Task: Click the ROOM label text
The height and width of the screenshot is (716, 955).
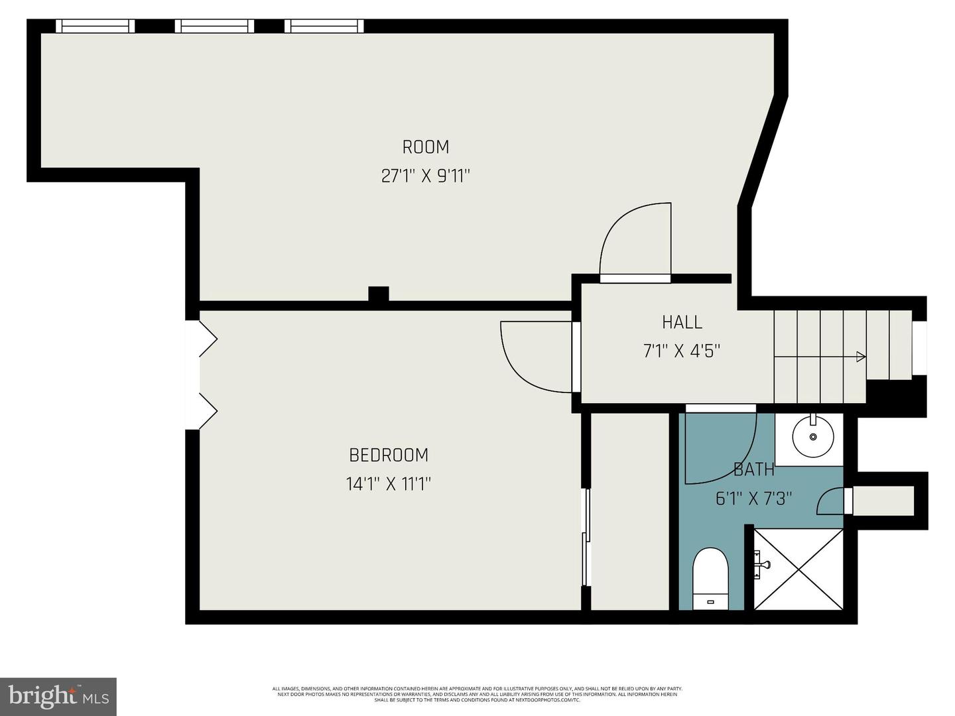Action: [425, 147]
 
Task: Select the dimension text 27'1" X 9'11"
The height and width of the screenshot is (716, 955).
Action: [425, 176]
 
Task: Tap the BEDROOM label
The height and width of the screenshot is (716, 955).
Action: [389, 455]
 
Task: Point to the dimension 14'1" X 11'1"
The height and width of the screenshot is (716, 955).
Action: [389, 485]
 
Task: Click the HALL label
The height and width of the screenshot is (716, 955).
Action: [682, 322]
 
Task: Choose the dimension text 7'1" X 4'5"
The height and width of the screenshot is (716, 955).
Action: [682, 351]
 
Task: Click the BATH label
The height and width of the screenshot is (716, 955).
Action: [754, 469]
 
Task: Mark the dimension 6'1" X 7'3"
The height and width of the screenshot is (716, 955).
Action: [754, 499]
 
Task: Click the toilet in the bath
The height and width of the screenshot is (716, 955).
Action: [710, 577]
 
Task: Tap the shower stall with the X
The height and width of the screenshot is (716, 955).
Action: [798, 569]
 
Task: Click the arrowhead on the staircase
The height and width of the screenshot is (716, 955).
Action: [861, 357]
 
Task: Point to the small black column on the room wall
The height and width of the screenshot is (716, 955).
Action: [378, 294]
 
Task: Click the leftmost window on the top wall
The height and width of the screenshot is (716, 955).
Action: [95, 26]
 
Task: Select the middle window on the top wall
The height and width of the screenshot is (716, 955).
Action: [214, 26]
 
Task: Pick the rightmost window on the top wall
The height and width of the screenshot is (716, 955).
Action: [324, 26]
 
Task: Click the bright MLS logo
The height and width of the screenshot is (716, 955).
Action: [58, 696]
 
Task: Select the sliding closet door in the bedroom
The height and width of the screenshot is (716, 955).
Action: [586, 537]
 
